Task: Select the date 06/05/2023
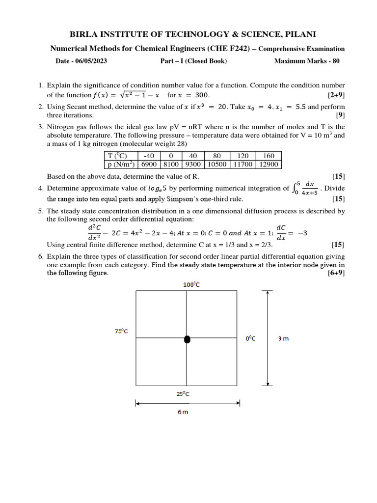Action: click(88, 61)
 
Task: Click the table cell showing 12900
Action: click(269, 165)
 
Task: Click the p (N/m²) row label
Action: click(120, 165)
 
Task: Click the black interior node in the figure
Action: click(187, 339)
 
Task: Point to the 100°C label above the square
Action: click(187, 284)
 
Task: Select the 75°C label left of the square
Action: click(121, 331)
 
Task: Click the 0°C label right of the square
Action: click(250, 338)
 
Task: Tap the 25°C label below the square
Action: click(183, 394)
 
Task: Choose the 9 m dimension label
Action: click(283, 338)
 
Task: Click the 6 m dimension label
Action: click(183, 413)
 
